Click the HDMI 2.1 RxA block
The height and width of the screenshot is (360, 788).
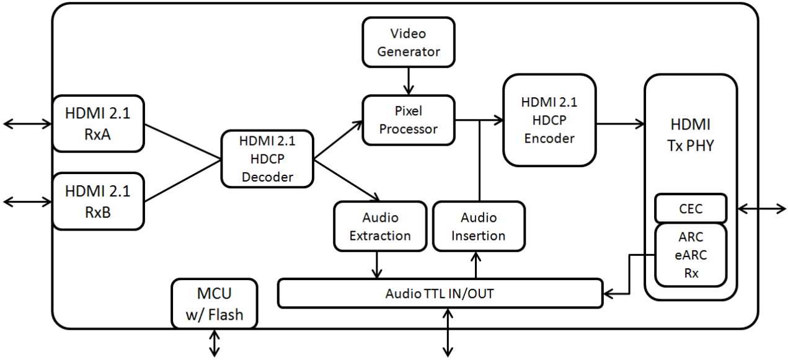pyautogui.click(x=98, y=123)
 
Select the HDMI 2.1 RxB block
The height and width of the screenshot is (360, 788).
pyautogui.click(x=98, y=201)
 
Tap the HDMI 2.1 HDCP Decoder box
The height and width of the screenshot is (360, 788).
pyautogui.click(x=267, y=159)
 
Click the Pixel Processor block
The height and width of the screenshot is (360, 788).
pyautogui.click(x=408, y=120)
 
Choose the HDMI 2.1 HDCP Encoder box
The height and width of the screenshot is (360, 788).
pyautogui.click(x=549, y=120)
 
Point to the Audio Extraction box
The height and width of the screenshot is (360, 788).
pyautogui.click(x=379, y=227)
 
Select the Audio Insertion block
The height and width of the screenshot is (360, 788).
pyautogui.click(x=478, y=227)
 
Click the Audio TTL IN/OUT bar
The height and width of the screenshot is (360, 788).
pyautogui.click(x=440, y=293)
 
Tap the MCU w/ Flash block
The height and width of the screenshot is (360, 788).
pyautogui.click(x=214, y=303)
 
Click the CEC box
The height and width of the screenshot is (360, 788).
pyautogui.click(x=690, y=209)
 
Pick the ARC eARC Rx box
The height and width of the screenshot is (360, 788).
pyautogui.click(x=690, y=255)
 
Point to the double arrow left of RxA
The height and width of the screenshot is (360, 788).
pyautogui.click(x=27, y=124)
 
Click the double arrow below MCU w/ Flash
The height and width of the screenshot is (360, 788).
pyautogui.click(x=215, y=343)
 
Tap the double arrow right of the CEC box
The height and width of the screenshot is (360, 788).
pyautogui.click(x=762, y=209)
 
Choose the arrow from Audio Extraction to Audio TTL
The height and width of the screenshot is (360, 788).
pyautogui.click(x=376, y=265)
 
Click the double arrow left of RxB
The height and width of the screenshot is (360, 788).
pyautogui.click(x=27, y=201)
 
